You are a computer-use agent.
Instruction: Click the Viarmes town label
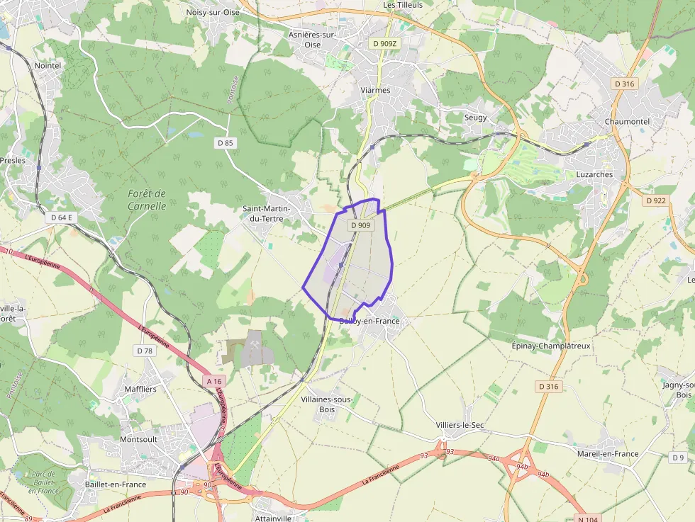pyautogui.click(x=375, y=91)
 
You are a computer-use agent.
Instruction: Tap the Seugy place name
pyautogui.click(x=475, y=118)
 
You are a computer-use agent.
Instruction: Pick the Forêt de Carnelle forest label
pyautogui.click(x=147, y=200)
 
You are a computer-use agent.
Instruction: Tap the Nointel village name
pyautogui.click(x=48, y=65)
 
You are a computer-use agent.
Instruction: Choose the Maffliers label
pyautogui.click(x=140, y=389)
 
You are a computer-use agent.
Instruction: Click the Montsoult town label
pyautogui.click(x=138, y=439)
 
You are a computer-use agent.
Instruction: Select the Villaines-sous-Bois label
pyautogui.click(x=327, y=404)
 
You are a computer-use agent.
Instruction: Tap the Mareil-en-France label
pyautogui.click(x=608, y=454)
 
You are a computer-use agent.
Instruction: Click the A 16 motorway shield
pyautogui.click(x=213, y=382)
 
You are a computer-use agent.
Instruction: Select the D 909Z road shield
pyautogui.click(x=384, y=43)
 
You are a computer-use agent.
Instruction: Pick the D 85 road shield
pyautogui.click(x=225, y=142)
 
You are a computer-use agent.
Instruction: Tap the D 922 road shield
pyautogui.click(x=657, y=200)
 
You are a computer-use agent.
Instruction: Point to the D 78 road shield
pyautogui.click(x=144, y=351)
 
